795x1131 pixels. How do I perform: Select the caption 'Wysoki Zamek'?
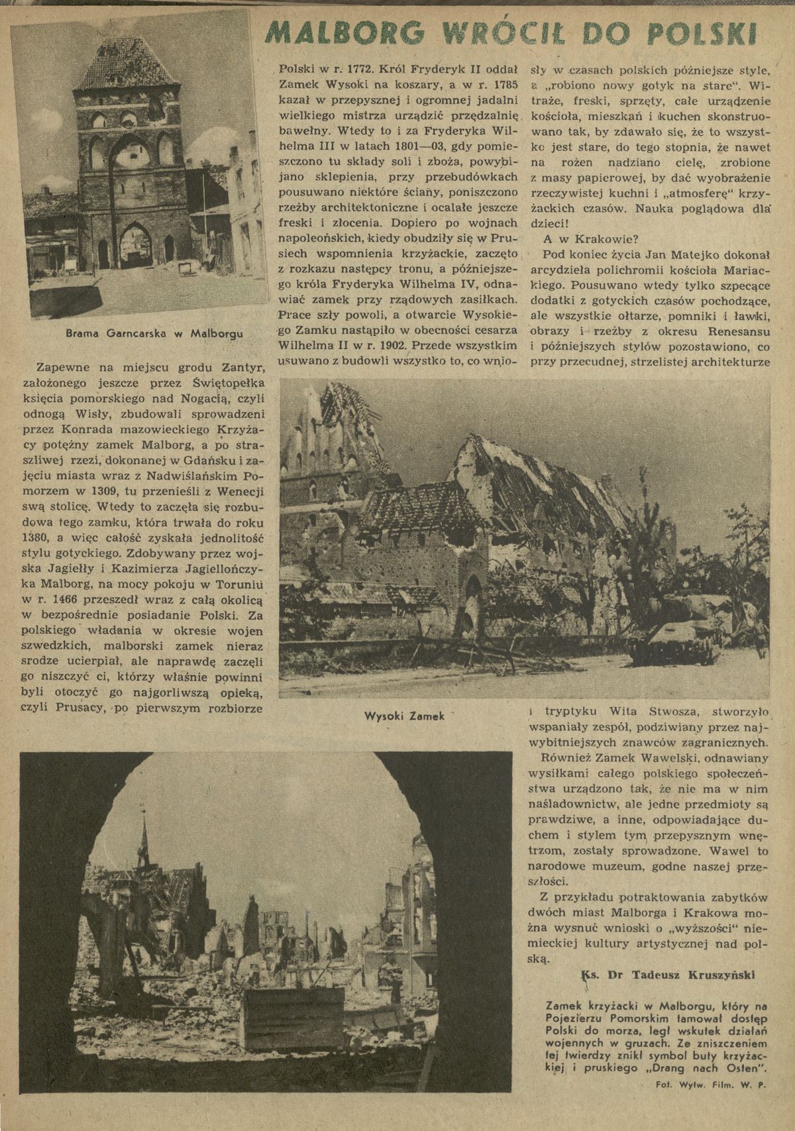click(397, 717)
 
